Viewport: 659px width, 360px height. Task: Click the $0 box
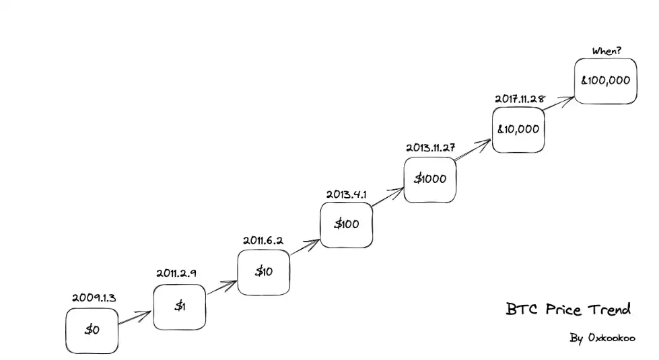click(x=92, y=330)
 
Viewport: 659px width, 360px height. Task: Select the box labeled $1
click(x=179, y=307)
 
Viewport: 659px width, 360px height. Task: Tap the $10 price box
click(x=263, y=272)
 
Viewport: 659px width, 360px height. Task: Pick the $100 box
click(x=346, y=224)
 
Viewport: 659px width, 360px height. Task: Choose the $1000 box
click(x=429, y=179)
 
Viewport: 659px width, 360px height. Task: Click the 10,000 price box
click(x=518, y=129)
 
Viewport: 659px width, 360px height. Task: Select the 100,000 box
click(x=606, y=81)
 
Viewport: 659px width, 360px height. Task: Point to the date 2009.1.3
click(x=94, y=297)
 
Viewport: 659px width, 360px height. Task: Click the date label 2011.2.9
click(x=176, y=273)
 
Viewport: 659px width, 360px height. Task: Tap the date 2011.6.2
click(x=263, y=240)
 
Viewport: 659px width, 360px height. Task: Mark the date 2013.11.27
click(x=430, y=147)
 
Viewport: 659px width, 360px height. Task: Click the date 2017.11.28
click(x=519, y=99)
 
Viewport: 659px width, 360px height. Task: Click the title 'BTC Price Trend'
click(x=568, y=310)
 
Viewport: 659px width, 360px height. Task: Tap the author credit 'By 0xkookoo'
click(x=602, y=338)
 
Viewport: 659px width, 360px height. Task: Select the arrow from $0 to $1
click(x=135, y=318)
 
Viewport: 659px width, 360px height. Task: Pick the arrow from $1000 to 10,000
click(x=473, y=151)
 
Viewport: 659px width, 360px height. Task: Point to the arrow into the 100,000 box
click(x=559, y=102)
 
